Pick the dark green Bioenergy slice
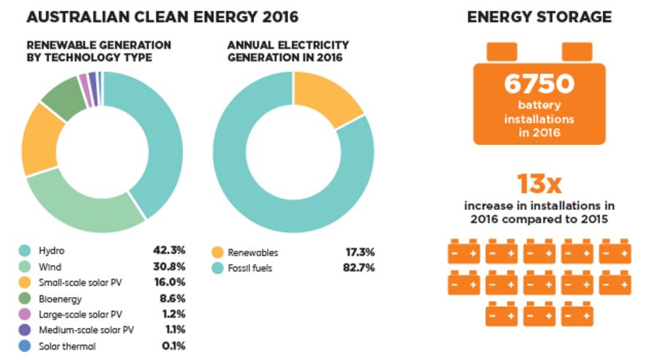tap(64, 99)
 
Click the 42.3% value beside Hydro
tap(170, 251)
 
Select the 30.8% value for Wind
tap(170, 266)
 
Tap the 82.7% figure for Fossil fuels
tap(360, 268)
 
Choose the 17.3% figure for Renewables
tap(360, 252)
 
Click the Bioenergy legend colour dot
tap(25, 299)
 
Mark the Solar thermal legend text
tap(67, 346)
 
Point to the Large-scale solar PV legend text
tap(80, 315)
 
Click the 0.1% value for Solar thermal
tap(174, 346)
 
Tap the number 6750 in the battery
tap(538, 85)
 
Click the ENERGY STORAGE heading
tap(539, 17)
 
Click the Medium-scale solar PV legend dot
tap(25, 331)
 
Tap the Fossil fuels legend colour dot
tap(217, 269)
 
